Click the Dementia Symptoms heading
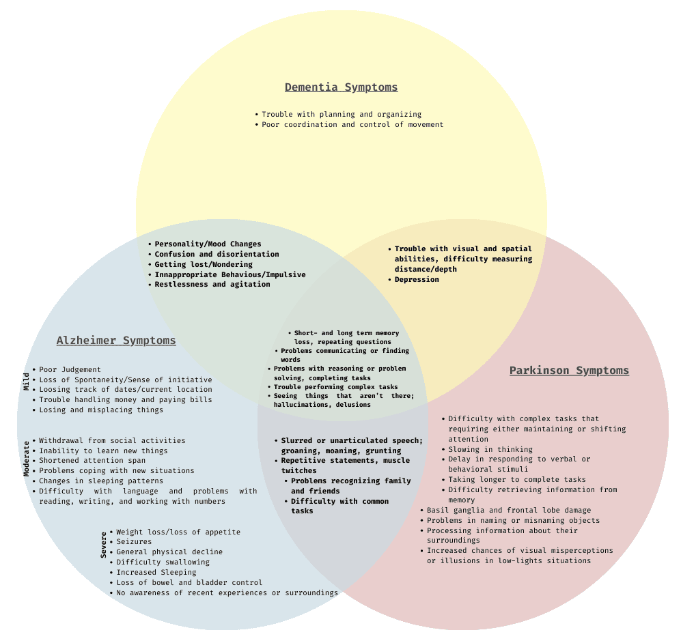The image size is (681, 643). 341,87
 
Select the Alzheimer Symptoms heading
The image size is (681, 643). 116,341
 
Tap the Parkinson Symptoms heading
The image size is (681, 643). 569,371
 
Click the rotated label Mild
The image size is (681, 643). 27,381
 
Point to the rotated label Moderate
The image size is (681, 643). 27,459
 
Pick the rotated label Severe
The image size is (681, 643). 104,545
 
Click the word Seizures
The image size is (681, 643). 134,542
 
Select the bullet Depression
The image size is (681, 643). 417,280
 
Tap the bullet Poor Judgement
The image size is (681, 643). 70,370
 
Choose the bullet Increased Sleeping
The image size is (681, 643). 156,573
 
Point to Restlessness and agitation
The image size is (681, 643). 212,285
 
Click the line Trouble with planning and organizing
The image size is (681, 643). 342,115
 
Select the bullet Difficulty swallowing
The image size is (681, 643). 163,562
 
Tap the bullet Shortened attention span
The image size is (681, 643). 93,461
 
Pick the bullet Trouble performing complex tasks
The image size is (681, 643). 335,387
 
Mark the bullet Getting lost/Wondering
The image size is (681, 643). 204,265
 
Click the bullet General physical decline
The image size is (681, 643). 169,552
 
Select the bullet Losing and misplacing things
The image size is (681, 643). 101,410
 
